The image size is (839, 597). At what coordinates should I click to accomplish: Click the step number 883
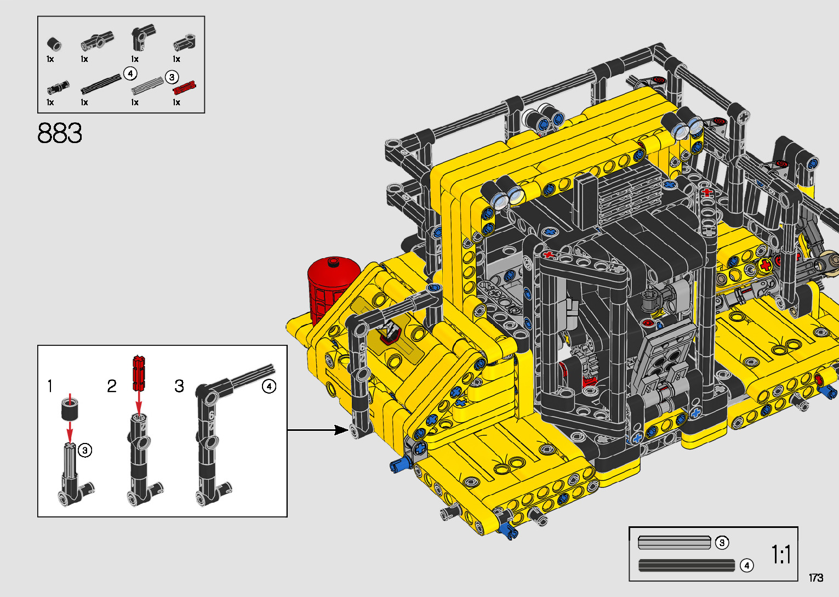(60, 133)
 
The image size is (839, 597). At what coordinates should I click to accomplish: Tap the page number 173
(816, 577)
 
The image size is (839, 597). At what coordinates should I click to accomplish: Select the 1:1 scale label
(781, 554)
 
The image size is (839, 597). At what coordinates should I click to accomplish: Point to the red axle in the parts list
(184, 88)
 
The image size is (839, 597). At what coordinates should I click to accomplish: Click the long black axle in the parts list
(101, 84)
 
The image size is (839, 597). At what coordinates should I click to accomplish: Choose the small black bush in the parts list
(54, 44)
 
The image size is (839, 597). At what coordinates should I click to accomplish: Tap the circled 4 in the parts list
(130, 73)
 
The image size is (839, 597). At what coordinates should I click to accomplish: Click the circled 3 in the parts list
(172, 77)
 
